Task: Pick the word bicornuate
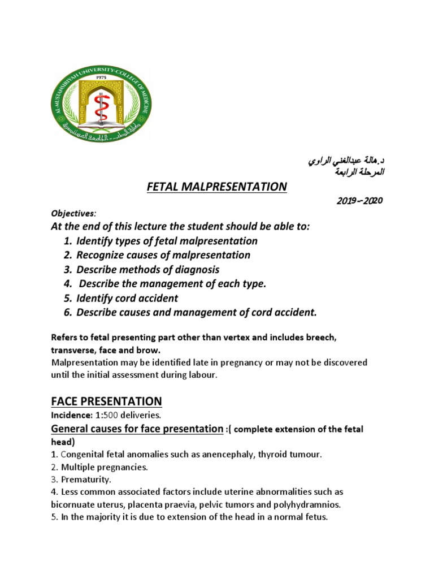coord(75,505)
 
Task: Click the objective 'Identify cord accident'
coord(127,298)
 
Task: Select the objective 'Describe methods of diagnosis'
coord(147,270)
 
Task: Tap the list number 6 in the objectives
coord(66,312)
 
